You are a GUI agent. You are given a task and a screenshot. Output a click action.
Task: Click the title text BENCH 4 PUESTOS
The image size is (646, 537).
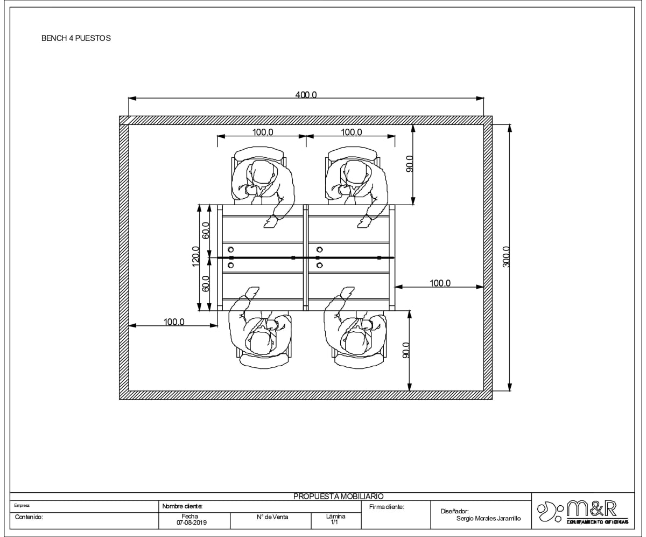pos(76,39)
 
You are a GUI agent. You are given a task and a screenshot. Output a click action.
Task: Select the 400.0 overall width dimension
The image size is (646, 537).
pos(306,95)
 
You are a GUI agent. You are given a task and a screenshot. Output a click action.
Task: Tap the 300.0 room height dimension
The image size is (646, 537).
pos(505,257)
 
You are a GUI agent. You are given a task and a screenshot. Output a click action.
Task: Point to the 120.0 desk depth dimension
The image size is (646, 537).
pos(195,257)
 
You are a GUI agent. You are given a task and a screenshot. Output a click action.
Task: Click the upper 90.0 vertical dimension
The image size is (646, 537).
pos(409,164)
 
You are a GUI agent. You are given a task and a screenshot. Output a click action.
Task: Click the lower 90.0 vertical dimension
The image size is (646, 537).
pos(406,351)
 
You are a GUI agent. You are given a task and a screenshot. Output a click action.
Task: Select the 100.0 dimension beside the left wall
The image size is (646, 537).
pos(174,322)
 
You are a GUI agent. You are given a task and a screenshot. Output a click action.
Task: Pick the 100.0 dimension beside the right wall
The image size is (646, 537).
pos(440,283)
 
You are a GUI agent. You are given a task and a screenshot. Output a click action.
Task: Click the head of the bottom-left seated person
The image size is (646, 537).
pos(261,341)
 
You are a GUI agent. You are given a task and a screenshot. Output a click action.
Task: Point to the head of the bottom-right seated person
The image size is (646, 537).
pos(356,341)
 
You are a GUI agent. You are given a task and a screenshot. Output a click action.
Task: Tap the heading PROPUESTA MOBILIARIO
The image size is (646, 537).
pos(338,496)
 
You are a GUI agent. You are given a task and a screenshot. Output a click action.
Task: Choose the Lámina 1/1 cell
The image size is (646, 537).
pos(335,519)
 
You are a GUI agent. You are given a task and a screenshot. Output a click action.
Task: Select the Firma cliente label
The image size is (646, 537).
pos(387,507)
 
